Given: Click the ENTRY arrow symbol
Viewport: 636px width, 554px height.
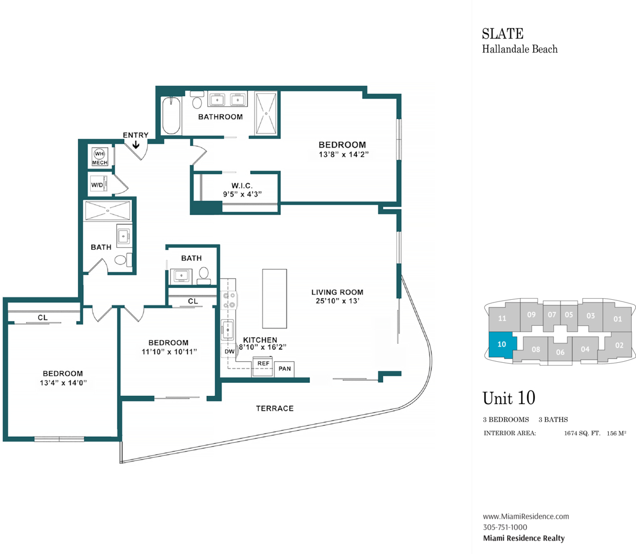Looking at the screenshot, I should [135, 144].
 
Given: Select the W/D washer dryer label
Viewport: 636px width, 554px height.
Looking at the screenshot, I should [98, 185].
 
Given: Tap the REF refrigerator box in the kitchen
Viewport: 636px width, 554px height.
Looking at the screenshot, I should [264, 363].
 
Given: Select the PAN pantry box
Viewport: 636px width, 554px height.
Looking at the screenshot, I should [285, 369].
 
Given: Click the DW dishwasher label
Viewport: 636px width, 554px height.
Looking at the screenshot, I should [229, 351].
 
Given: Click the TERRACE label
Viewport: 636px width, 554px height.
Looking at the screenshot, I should [276, 408].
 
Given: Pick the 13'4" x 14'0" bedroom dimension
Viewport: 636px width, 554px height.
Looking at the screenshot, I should [63, 382].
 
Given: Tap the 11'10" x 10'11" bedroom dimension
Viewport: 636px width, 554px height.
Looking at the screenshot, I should [169, 351].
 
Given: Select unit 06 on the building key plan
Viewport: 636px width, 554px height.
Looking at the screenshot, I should [560, 352].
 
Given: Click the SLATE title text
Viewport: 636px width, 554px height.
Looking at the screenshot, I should [502, 34].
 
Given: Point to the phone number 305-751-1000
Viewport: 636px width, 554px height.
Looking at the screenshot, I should [504, 527].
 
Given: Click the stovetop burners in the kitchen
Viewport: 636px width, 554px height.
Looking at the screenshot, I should [228, 300].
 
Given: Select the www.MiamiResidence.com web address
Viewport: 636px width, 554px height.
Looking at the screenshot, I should [526, 517].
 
